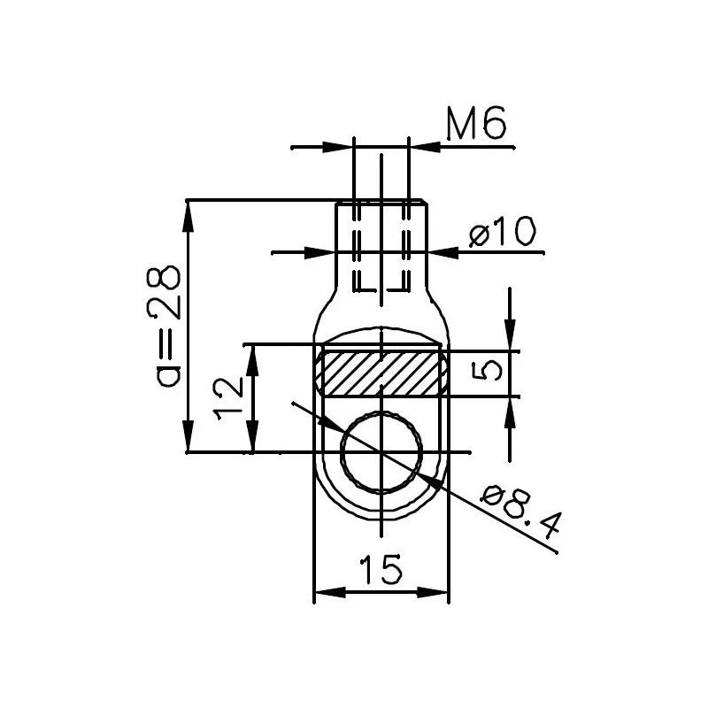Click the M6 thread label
point(476,123)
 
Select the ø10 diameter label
point(502,232)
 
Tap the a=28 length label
point(164,327)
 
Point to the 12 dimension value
point(229,399)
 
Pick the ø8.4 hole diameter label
point(520,512)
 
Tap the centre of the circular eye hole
point(381,451)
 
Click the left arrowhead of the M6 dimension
point(338,147)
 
